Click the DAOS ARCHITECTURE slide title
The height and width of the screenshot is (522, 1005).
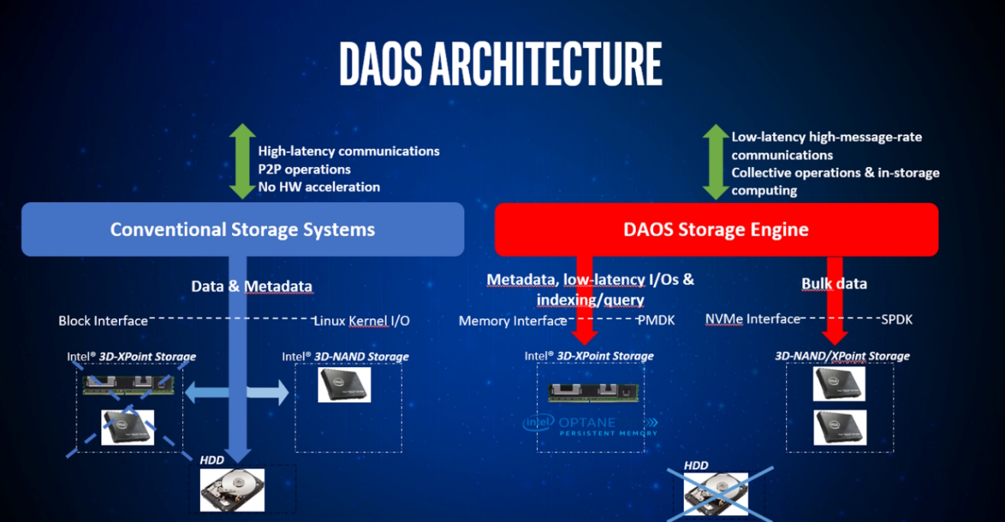point(501,64)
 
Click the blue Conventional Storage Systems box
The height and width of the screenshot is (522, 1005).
point(243,229)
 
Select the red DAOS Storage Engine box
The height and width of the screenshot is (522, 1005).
point(716,229)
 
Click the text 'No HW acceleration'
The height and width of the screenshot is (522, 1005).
point(319,187)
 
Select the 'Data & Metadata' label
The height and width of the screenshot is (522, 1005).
point(251,287)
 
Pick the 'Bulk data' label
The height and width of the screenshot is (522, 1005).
point(834,284)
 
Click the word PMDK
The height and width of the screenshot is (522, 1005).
point(656,321)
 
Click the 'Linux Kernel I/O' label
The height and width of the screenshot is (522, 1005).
point(362,321)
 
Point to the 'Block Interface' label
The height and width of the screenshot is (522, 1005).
point(103,321)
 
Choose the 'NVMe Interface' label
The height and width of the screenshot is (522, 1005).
point(752,320)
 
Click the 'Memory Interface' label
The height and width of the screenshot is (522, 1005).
point(513,321)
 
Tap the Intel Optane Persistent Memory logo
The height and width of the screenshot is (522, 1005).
point(590,425)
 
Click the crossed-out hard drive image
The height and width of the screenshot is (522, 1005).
point(716,491)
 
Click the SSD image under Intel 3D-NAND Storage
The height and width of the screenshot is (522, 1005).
point(344,385)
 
